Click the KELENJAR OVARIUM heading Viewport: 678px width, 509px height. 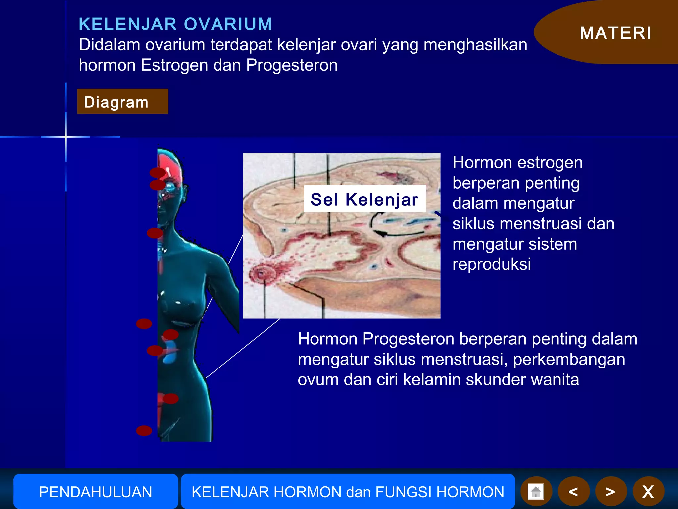pyautogui.click(x=175, y=24)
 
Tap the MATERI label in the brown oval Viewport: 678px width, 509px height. pyautogui.click(x=615, y=33)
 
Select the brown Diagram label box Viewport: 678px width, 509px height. pyautogui.click(x=122, y=102)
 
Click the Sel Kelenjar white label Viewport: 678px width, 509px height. pyautogui.click(x=364, y=199)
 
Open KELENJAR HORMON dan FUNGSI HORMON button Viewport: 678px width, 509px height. pyautogui.click(x=348, y=492)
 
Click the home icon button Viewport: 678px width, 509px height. pyautogui.click(x=536, y=492)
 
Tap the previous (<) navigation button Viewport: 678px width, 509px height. pyautogui.click(x=573, y=492)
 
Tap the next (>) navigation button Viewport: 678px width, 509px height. pyautogui.click(x=610, y=492)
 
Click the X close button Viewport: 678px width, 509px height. pyautogui.click(x=648, y=492)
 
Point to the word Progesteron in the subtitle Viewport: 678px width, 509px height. pyautogui.click(x=292, y=65)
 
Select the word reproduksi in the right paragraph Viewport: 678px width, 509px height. pyautogui.click(x=492, y=264)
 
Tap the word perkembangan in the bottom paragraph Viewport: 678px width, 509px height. pyautogui.click(x=569, y=359)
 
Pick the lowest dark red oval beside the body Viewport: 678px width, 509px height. pyautogui.click(x=144, y=431)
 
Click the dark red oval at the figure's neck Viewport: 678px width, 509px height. pyautogui.click(x=155, y=233)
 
